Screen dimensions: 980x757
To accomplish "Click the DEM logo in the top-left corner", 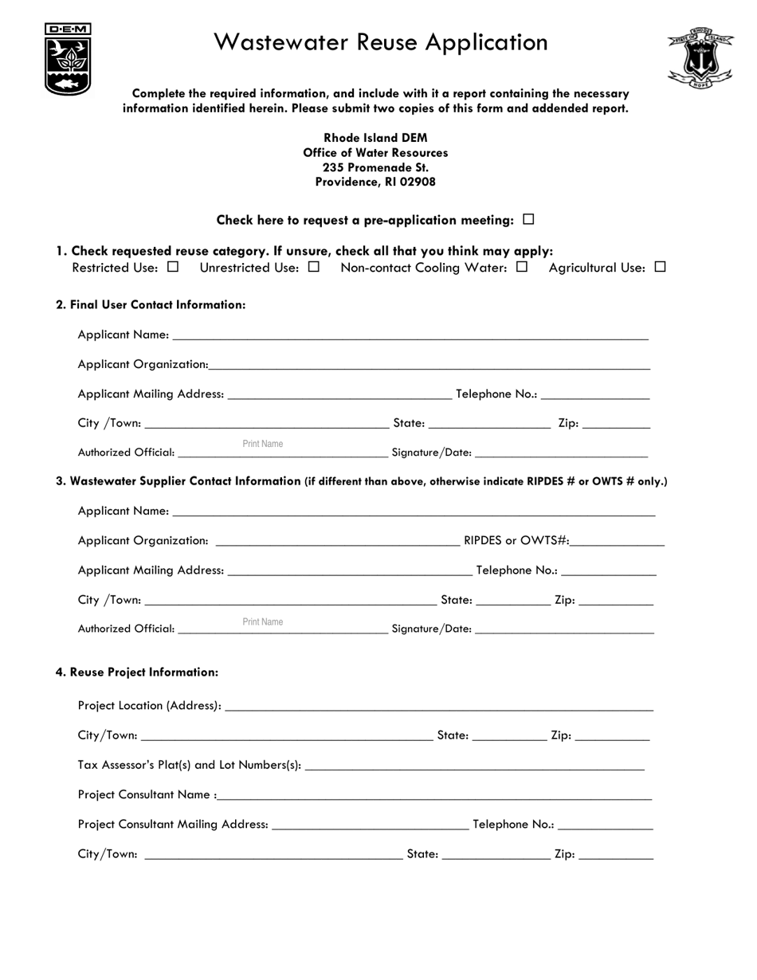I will click(x=68, y=59).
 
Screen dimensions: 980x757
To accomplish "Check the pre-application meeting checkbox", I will click(x=528, y=219).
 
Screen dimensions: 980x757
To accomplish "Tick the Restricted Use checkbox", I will click(x=173, y=267).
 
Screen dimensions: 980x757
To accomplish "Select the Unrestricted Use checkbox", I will click(x=314, y=267).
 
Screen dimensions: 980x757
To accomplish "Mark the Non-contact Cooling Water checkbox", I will click(x=522, y=267).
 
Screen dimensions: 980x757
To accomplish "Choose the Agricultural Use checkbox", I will click(x=660, y=267).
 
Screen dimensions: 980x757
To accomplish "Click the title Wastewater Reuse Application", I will click(x=380, y=42).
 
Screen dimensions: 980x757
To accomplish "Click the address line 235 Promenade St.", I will click(x=375, y=167).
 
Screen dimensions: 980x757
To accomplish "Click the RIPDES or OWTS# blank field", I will click(x=617, y=542).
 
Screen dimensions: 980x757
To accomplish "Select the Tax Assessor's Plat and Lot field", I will click(x=474, y=766).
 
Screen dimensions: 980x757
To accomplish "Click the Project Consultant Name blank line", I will click(x=433, y=795).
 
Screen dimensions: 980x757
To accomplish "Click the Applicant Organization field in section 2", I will click(x=429, y=366).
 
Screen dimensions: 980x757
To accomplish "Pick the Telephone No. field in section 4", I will click(x=606, y=825).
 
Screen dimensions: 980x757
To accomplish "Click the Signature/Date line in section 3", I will click(x=564, y=629).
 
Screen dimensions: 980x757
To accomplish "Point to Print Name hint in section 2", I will click(x=262, y=444).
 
